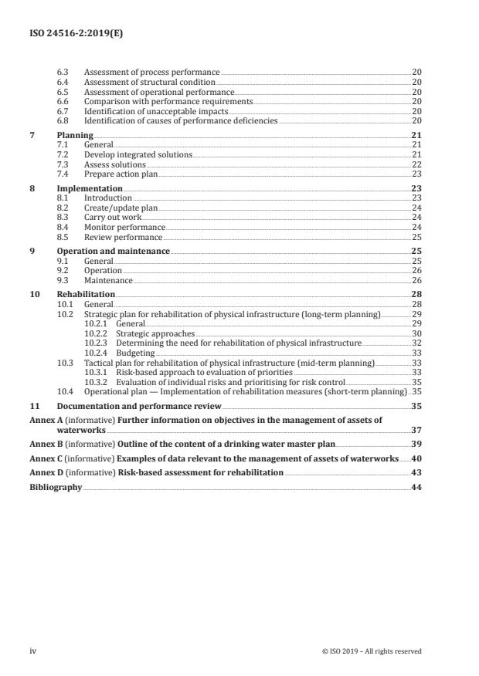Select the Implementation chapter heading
click(x=90, y=188)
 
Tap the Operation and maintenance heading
click(x=114, y=252)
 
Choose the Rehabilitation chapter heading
click(x=86, y=295)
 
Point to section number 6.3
click(x=64, y=72)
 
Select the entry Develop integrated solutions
click(x=138, y=155)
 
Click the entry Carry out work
click(x=112, y=218)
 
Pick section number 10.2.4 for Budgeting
click(x=96, y=353)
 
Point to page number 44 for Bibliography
click(x=416, y=487)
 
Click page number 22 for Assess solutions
click(x=416, y=164)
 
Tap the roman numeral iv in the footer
click(x=33, y=651)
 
